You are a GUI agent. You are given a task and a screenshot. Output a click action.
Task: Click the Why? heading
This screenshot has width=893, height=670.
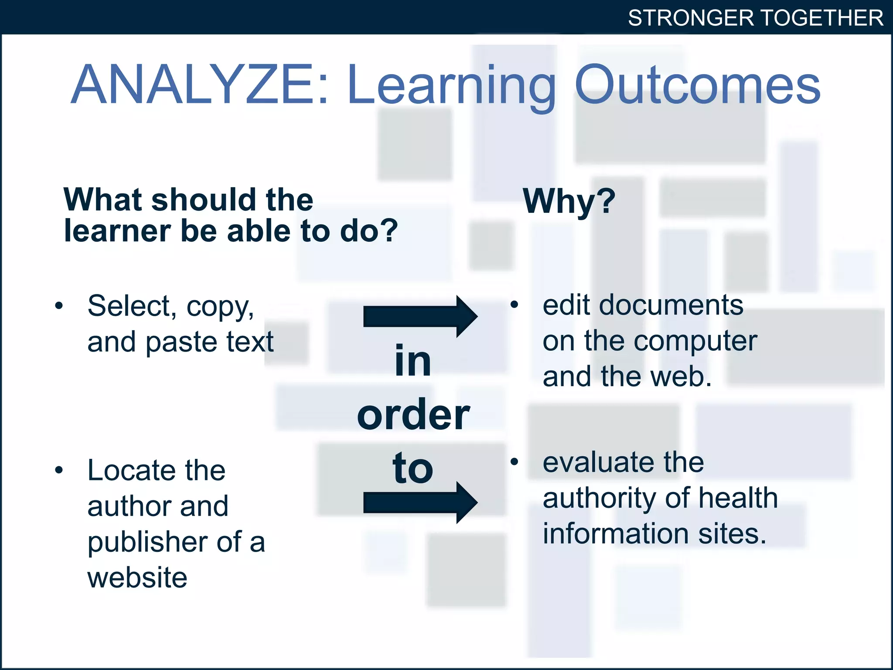coord(569,202)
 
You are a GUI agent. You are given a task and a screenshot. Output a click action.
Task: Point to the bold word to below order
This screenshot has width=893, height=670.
coord(412,468)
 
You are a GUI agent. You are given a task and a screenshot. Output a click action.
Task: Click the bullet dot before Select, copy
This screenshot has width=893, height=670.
coord(59,305)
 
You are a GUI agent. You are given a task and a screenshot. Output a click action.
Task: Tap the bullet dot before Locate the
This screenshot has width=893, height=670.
coord(59,470)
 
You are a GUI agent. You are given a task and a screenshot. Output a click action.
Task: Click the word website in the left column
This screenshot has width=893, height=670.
coord(137,578)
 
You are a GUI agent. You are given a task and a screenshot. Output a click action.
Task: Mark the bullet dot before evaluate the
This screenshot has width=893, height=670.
coord(514,461)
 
